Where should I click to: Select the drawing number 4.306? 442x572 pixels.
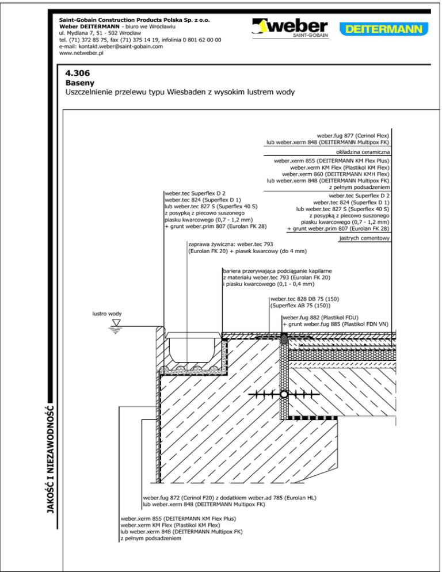pos(78,74)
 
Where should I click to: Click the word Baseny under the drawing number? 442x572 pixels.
pos(79,83)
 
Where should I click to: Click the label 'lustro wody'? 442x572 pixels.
pos(107,314)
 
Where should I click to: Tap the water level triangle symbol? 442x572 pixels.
pos(116,323)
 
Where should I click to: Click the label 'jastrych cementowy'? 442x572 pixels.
pos(365,238)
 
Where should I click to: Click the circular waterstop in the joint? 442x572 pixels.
pos(284,395)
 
